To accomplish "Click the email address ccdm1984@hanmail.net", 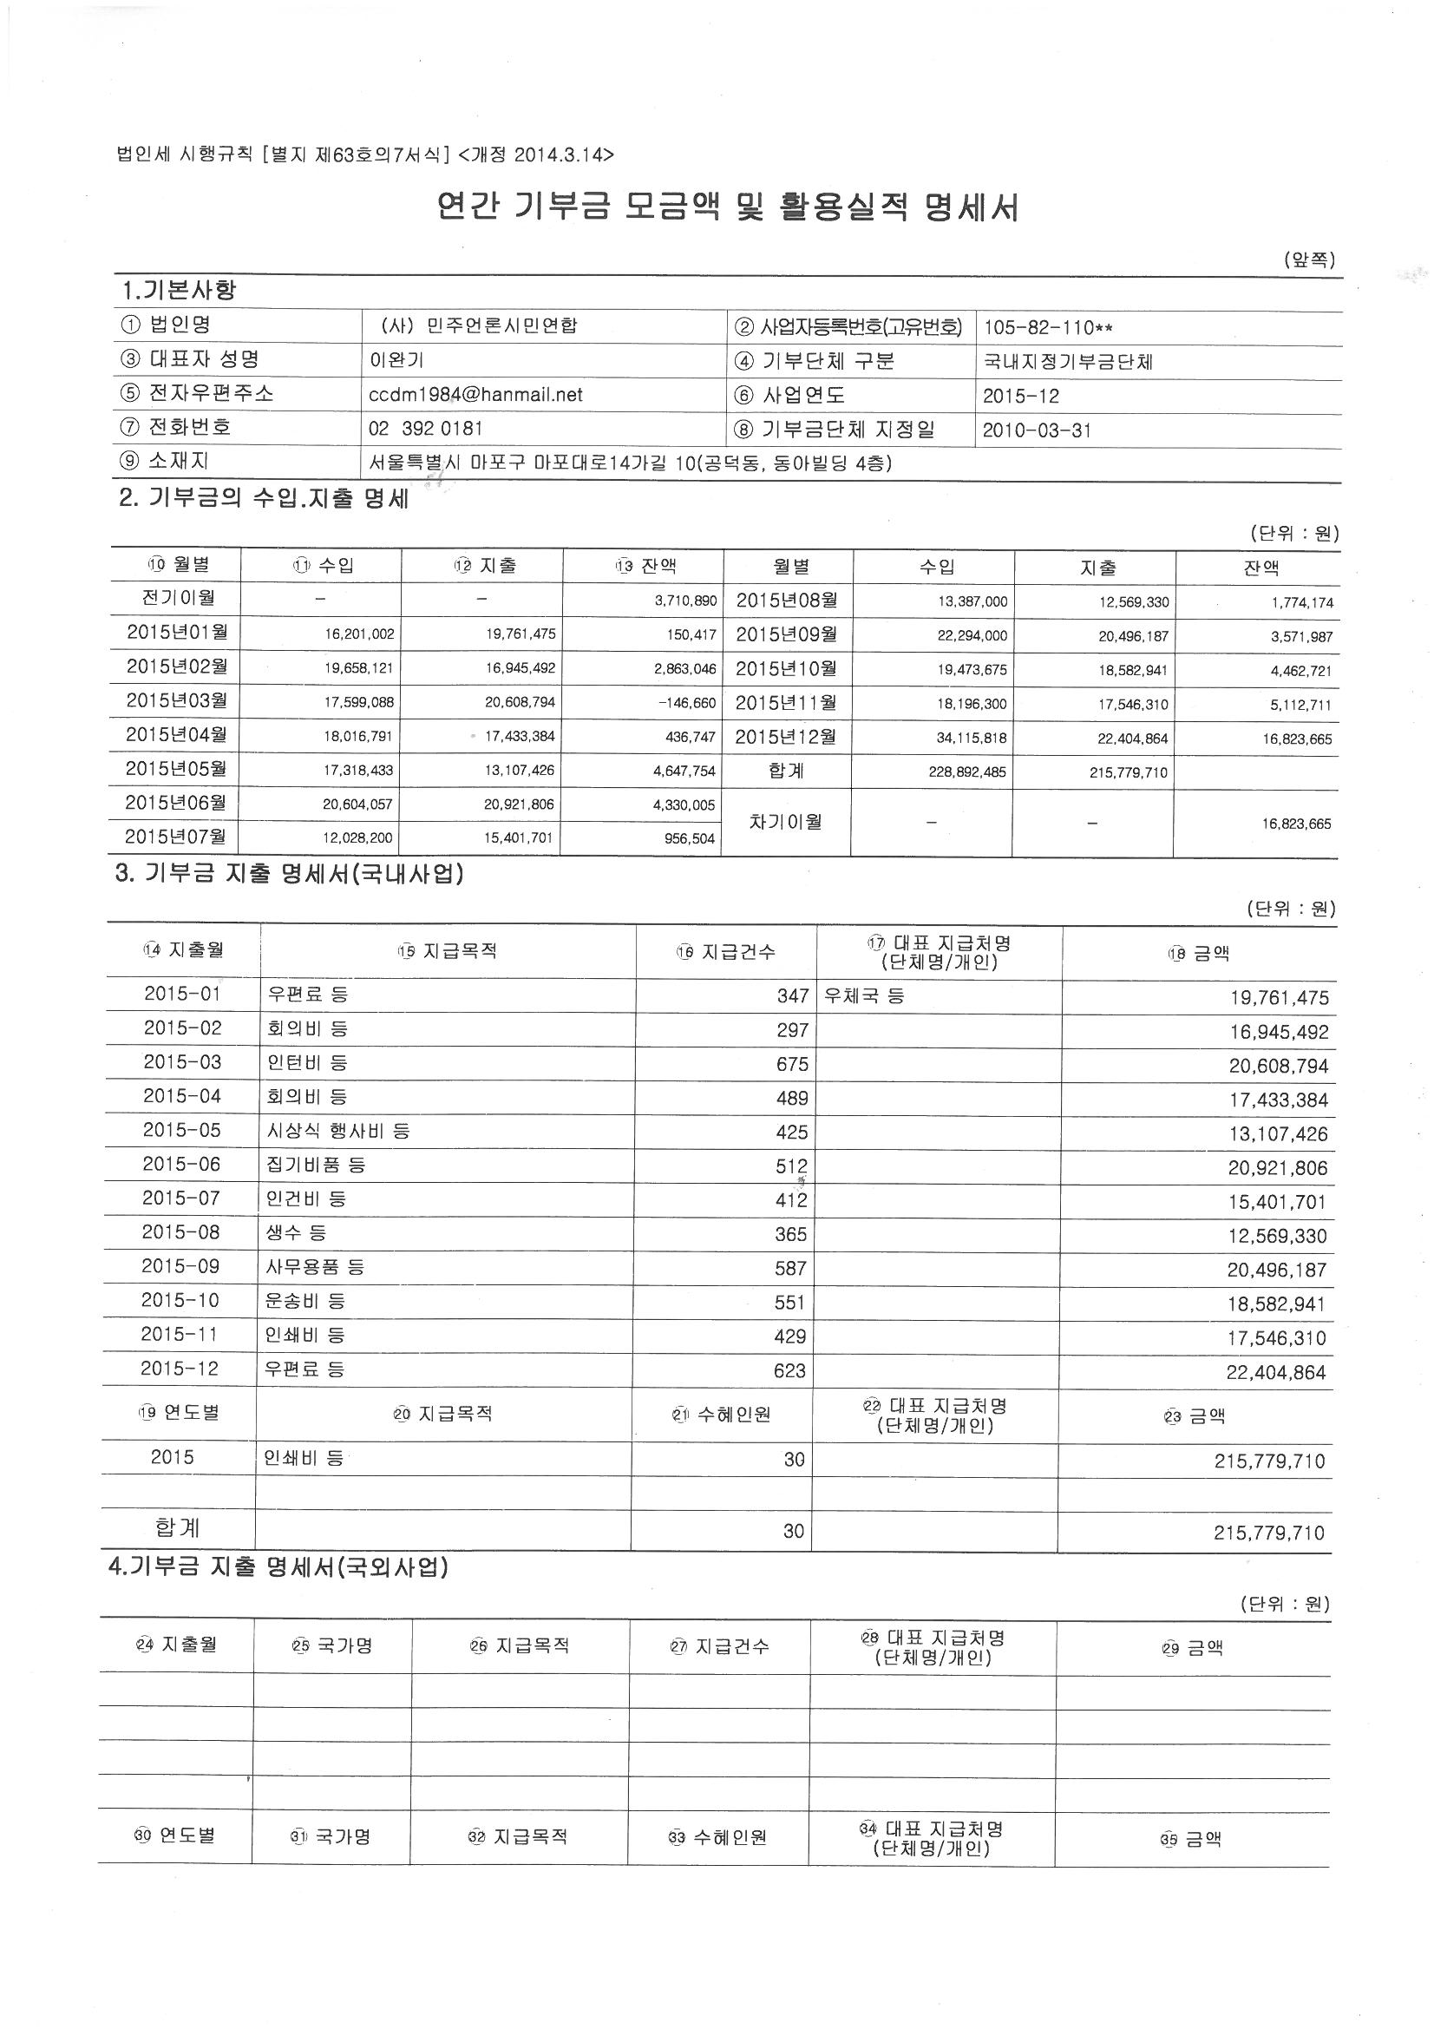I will [475, 394].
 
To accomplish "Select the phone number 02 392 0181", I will [425, 429].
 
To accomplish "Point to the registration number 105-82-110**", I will [1047, 328].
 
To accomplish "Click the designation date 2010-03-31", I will [1037, 430].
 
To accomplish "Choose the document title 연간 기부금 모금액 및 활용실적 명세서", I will [728, 207].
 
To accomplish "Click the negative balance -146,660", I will [686, 703].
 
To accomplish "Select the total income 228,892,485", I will [966, 772].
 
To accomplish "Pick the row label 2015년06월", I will [176, 804].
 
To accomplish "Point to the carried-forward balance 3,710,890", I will [685, 601].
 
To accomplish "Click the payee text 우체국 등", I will [863, 997].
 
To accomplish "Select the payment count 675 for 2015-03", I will [792, 1065].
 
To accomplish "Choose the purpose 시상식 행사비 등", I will [338, 1131].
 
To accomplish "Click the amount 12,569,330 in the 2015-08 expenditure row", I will [1277, 1236].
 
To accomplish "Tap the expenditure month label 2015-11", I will [180, 1335].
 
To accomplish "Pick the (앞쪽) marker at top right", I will [1308, 259].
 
